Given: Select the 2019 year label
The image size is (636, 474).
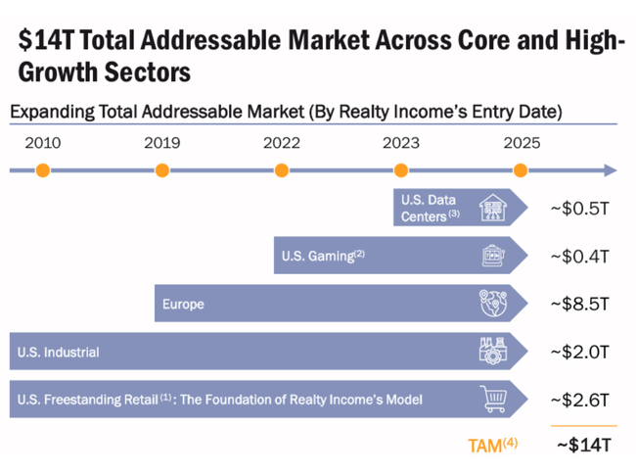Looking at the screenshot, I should [x=161, y=142].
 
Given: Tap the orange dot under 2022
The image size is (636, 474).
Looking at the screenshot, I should [x=282, y=170].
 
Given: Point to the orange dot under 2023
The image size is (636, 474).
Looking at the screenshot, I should [x=400, y=170].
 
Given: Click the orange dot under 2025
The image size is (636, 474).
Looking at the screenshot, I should [x=521, y=170].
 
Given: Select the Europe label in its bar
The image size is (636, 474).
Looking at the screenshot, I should [x=184, y=305].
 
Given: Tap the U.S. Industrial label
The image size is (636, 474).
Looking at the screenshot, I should [x=58, y=352].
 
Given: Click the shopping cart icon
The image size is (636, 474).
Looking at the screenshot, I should [x=493, y=399].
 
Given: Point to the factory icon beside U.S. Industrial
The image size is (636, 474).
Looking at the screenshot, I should [x=493, y=352].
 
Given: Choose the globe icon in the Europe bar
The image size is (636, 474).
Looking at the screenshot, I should [x=493, y=304].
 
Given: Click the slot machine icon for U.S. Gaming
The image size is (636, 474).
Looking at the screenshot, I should [x=493, y=257].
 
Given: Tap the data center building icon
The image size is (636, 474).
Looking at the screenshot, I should [x=492, y=208].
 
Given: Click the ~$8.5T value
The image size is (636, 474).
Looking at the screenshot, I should [x=580, y=304].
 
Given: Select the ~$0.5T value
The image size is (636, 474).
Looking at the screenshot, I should [x=580, y=209].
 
